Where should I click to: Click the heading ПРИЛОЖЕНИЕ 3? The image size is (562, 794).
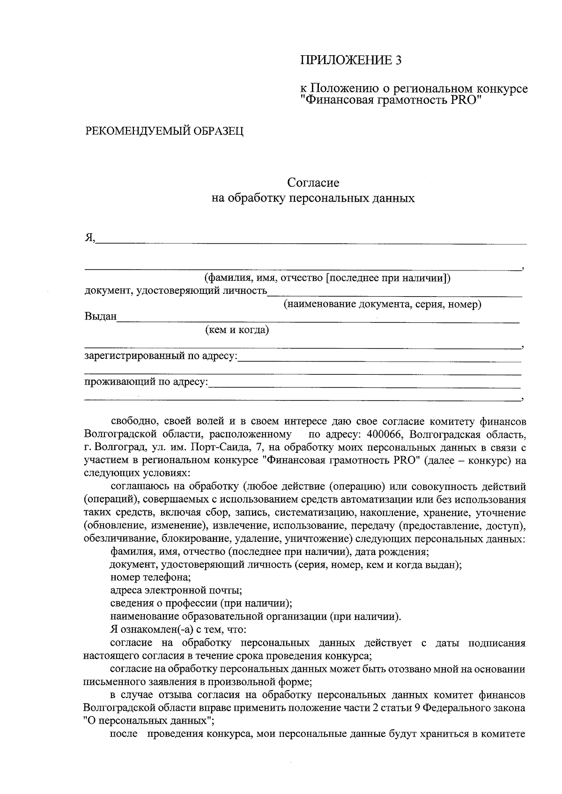point(351,60)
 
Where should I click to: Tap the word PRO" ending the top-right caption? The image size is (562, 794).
point(466,100)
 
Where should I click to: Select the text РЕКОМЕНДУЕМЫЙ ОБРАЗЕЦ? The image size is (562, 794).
point(164,131)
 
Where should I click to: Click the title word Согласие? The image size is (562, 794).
point(313,182)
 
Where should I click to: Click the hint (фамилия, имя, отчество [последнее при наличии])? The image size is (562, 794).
point(327,278)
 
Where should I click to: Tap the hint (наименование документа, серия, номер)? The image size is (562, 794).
point(382,305)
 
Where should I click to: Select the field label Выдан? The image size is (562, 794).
point(100,317)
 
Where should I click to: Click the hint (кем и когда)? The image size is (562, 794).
point(237,330)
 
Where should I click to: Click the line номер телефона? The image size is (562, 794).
point(150,577)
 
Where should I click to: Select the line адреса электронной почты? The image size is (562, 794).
point(176,590)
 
